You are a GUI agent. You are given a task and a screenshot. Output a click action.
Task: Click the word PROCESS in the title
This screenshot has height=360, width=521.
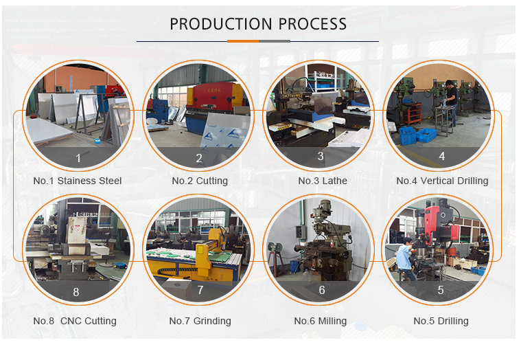pos(312,24)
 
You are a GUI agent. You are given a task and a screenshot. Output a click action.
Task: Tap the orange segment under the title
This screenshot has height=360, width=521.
pos(243,41)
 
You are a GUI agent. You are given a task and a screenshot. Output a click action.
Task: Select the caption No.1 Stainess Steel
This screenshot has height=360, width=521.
pos(78,181)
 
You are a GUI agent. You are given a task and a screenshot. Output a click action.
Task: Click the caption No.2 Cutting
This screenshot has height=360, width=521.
pos(200,181)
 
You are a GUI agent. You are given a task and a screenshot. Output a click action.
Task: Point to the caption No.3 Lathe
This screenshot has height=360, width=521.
pos(323,181)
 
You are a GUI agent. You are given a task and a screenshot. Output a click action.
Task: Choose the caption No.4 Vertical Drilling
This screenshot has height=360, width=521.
pos(442,181)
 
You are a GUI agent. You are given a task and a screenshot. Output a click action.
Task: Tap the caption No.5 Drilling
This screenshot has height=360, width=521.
pos(441,321)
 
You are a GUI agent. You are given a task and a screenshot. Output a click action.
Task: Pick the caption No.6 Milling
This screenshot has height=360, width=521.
pos(321,321)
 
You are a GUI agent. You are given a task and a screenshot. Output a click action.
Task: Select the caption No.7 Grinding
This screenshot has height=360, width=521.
pos(200,321)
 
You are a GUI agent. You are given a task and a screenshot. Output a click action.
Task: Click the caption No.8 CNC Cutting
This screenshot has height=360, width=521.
pos(75,321)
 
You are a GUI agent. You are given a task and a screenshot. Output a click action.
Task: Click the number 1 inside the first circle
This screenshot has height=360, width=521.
pos(78,158)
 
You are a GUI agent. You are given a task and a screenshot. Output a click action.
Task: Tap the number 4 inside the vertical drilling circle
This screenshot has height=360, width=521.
pos(442,156)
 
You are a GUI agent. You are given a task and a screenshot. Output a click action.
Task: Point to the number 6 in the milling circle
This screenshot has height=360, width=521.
pos(322,290)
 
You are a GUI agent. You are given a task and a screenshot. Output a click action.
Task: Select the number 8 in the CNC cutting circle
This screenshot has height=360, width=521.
pos(76,292)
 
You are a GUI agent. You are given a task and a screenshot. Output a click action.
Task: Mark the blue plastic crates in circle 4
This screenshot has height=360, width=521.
pos(417,135)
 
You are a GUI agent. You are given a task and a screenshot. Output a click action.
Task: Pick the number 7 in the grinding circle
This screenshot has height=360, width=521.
pos(200,290)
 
